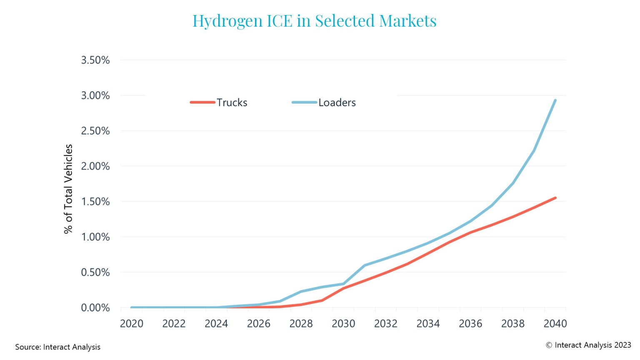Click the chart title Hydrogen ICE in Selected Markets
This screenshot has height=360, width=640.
pos(314,21)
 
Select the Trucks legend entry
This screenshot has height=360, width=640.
pos(219,102)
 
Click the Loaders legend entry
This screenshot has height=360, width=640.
pos(324,102)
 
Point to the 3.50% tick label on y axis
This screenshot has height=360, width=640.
pos(95,60)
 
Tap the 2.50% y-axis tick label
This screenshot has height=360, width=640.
pos(95,131)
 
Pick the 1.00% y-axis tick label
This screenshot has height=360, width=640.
pos(95,237)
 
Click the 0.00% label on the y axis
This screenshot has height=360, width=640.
pos(95,308)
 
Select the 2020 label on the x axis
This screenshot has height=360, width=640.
pos(132,324)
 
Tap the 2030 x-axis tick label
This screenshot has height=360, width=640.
pos(343,324)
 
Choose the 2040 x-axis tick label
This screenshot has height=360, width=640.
pos(555,324)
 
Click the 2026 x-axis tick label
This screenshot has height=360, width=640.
pos(259,324)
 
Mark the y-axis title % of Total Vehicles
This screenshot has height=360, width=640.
pos(68,189)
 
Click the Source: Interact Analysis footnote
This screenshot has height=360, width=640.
pos(58,347)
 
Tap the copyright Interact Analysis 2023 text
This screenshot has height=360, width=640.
pos(588,345)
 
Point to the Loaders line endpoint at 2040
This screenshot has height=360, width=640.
pos(555,100)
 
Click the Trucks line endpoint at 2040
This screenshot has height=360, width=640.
pos(555,198)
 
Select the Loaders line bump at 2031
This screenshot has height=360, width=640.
pos(365,265)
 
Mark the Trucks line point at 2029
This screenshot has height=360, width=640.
pos(322,300)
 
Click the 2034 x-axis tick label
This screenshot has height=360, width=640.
pos(428,324)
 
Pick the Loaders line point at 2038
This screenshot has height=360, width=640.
pos(512,183)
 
